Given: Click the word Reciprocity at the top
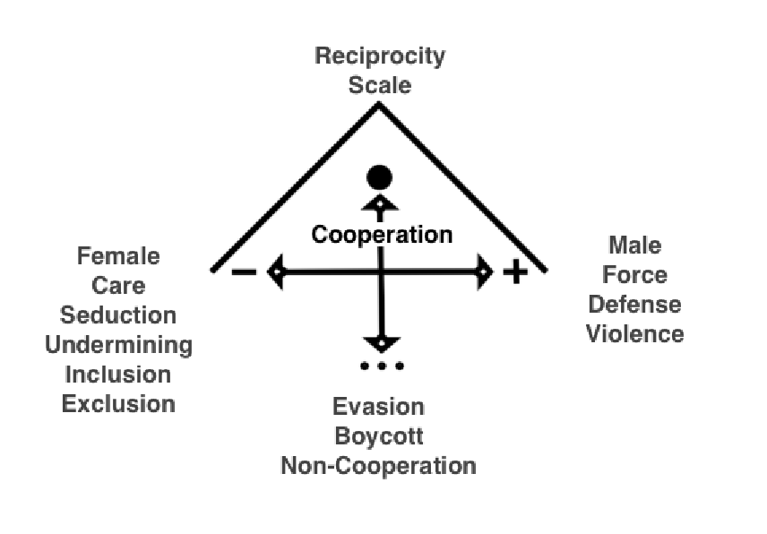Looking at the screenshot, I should click(x=380, y=56).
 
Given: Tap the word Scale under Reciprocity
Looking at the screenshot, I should click(x=380, y=86).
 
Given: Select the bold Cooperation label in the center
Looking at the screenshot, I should click(x=382, y=235).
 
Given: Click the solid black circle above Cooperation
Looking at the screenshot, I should click(x=380, y=177).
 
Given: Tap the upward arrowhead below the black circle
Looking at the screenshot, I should click(x=380, y=203).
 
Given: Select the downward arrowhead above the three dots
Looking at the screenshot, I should click(x=382, y=342).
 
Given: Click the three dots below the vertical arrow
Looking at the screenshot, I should click(x=382, y=366).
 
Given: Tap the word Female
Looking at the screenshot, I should click(x=118, y=257).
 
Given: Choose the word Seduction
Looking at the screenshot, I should click(x=118, y=315).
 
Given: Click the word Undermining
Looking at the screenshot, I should click(x=118, y=345).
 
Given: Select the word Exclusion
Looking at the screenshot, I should click(x=118, y=403).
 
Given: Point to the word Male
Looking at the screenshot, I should click(x=634, y=245).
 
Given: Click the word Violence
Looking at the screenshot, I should click(x=634, y=334).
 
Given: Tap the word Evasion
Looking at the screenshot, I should click(x=378, y=407).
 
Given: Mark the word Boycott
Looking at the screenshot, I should click(x=378, y=436).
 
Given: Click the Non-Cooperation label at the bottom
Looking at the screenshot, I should click(x=378, y=466).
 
